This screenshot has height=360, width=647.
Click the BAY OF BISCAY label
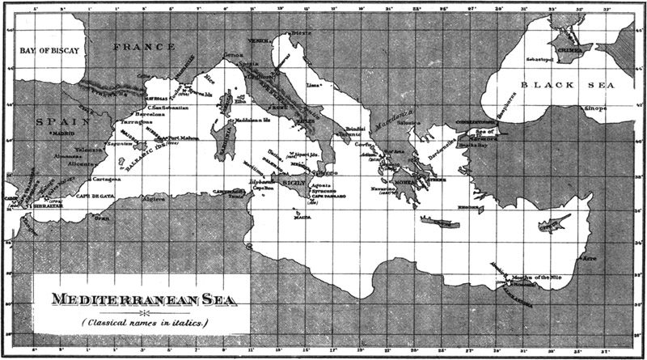[50, 50]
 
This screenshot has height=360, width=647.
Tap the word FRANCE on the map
[144, 47]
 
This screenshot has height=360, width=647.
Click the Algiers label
[154, 198]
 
